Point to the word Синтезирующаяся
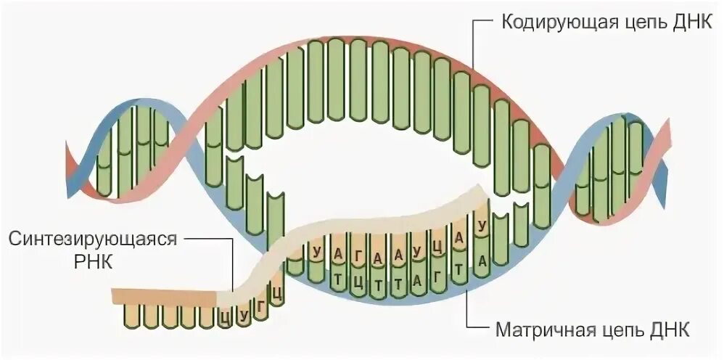pyautogui.click(x=94, y=240)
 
